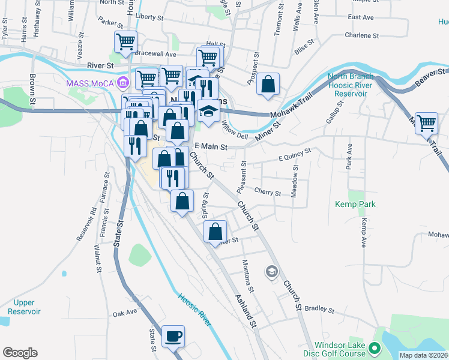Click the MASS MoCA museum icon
pos(123,82)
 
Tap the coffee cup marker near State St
pos(173,337)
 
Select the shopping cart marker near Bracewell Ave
pos(126,42)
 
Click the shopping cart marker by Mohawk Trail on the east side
pos(426,123)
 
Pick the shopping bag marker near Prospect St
pos(268,84)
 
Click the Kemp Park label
pos(355,205)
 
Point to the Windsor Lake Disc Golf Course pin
pos(375,347)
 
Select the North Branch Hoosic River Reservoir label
pos(351,85)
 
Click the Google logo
pos(20,353)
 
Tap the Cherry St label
pos(268,193)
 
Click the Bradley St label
pos(319,310)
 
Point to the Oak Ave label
pos(125,313)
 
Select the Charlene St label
pos(362,35)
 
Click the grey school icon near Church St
pos(271,272)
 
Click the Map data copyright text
pos(423,355)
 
